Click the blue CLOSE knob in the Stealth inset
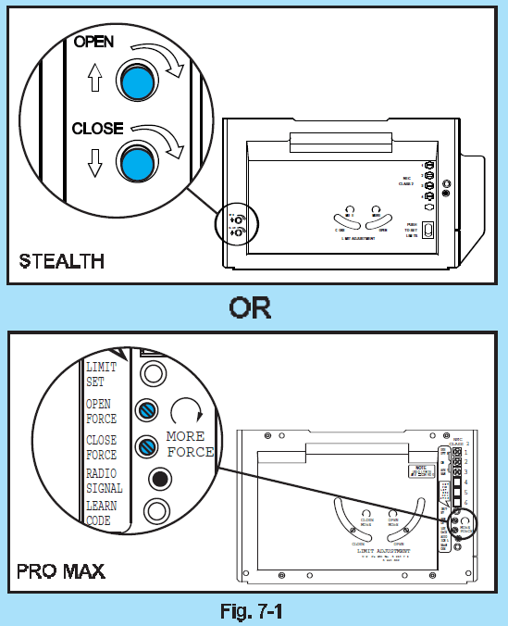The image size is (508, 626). coord(136,163)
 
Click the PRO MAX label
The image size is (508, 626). coord(61,571)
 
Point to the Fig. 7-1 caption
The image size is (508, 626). coord(253,611)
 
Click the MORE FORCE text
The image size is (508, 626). coord(191,444)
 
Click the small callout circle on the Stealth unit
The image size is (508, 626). coord(236,227)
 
